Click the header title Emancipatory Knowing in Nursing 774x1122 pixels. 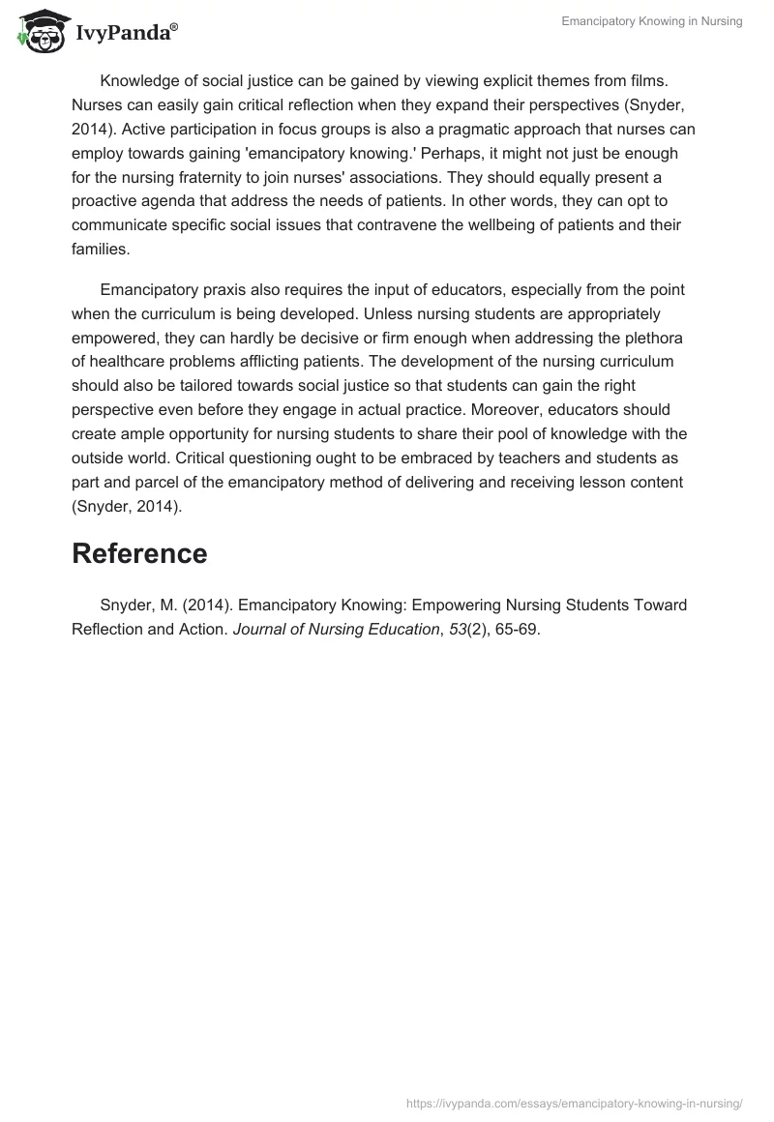click(652, 21)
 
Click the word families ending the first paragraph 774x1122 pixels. click(101, 250)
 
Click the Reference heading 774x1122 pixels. click(139, 554)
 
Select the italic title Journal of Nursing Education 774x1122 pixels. click(336, 629)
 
